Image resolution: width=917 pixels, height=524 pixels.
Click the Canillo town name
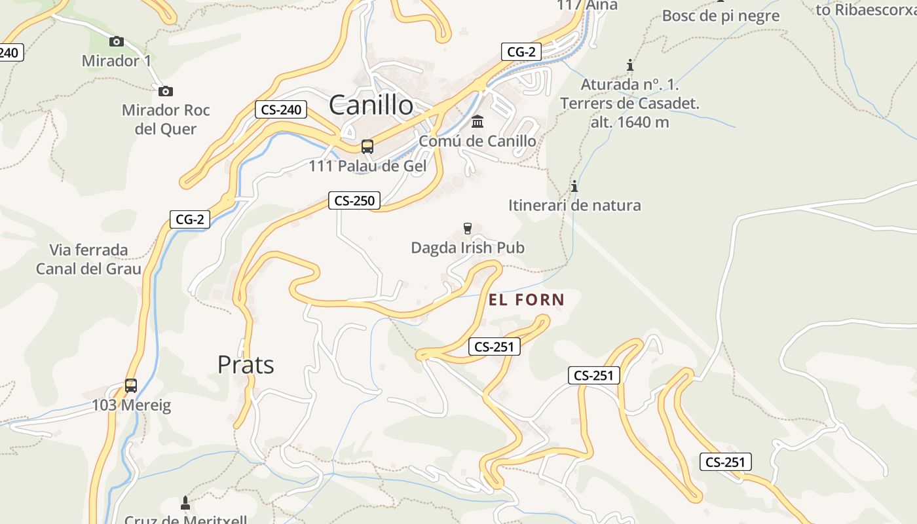pyautogui.click(x=371, y=105)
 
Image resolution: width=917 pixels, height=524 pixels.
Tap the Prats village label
pyautogui.click(x=246, y=365)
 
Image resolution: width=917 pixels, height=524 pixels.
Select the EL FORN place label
pyautogui.click(x=527, y=300)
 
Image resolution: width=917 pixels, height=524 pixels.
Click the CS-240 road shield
pyautogui.click(x=282, y=109)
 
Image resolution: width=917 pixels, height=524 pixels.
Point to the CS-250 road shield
pyautogui.click(x=354, y=200)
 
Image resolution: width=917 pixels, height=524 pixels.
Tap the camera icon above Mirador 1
pyautogui.click(x=117, y=41)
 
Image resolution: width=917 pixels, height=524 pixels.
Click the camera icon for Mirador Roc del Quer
pyautogui.click(x=166, y=91)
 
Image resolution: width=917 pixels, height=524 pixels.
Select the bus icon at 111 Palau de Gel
pyautogui.click(x=367, y=147)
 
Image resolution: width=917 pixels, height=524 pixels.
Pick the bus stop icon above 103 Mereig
pyautogui.click(x=131, y=385)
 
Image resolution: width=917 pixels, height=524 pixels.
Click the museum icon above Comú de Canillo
pyautogui.click(x=477, y=122)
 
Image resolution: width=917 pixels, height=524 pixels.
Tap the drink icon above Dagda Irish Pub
pyautogui.click(x=467, y=229)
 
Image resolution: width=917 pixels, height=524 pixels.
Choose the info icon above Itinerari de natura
pyautogui.click(x=574, y=186)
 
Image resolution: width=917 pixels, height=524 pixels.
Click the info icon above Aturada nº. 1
pyautogui.click(x=630, y=65)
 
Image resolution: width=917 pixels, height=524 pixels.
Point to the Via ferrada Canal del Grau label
pyautogui.click(x=88, y=259)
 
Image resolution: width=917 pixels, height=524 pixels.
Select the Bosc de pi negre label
pyautogui.click(x=721, y=16)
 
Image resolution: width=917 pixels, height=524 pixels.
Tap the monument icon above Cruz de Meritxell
pyautogui.click(x=185, y=503)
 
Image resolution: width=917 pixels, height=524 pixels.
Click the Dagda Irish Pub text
pyautogui.click(x=468, y=248)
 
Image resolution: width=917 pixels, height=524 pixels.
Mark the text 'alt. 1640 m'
pyautogui.click(x=630, y=122)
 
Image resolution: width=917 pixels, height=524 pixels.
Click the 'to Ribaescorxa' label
pyautogui.click(x=866, y=10)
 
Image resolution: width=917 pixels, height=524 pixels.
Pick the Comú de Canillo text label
pyautogui.click(x=477, y=141)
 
